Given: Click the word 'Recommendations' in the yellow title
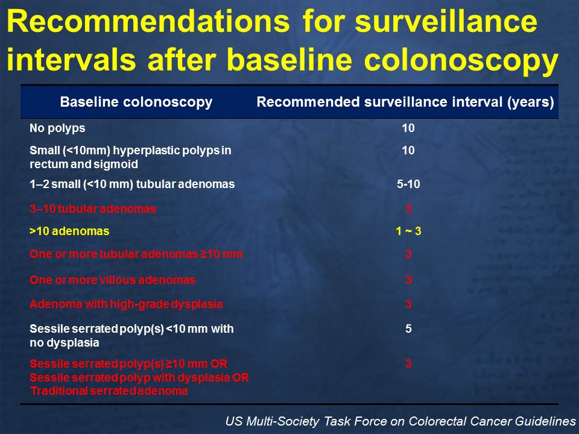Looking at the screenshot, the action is point(148,21).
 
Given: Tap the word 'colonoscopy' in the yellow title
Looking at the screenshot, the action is point(461,61).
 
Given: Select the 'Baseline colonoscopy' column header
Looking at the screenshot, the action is point(136,102).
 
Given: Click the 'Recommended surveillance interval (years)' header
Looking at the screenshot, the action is point(405,102).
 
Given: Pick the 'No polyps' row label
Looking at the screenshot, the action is point(57,128).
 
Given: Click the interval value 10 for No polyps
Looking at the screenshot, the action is point(408,128).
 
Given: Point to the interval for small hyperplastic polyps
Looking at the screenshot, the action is point(408,150).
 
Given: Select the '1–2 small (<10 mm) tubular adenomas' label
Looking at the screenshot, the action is point(132,184).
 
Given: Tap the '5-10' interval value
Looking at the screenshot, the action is point(408,184).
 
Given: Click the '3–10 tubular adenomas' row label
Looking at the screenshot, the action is point(93,209).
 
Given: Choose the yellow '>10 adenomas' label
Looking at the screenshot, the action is point(69,231).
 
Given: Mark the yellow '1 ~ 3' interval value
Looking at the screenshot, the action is point(408,231).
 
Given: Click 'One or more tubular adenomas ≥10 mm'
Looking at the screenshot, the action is point(136,254).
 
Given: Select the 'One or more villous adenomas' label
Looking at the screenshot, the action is point(112,280).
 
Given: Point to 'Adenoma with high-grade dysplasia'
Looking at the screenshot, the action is point(126,304).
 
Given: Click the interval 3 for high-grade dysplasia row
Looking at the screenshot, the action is point(408,304).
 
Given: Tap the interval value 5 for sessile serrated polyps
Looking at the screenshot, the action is point(408,329).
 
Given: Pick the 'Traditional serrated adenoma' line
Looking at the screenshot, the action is point(109,391).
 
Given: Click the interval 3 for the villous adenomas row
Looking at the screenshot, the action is point(408,280).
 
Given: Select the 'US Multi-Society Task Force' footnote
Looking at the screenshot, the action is point(400,421).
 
